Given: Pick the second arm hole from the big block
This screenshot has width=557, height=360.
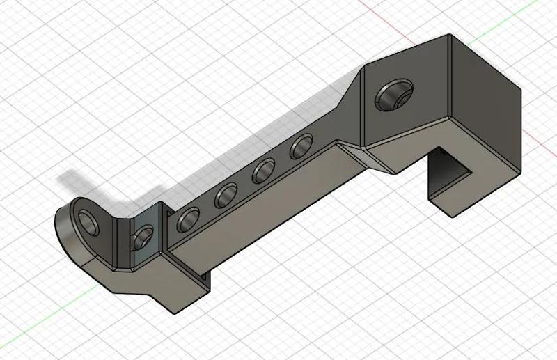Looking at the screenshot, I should [x=265, y=170].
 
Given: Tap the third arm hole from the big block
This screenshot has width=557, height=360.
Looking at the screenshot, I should [x=226, y=196].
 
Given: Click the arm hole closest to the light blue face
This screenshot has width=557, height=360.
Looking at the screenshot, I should [x=188, y=220].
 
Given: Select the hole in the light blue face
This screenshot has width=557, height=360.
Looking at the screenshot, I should [x=144, y=236].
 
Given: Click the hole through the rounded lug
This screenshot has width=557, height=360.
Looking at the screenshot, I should [x=89, y=223].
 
